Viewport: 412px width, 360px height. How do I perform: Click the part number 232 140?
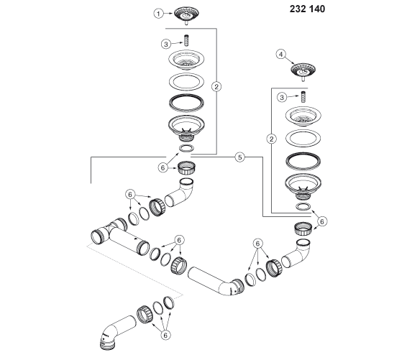coord(307,9)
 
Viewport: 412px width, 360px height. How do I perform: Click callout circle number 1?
coord(158,14)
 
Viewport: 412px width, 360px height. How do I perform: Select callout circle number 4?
coord(281,55)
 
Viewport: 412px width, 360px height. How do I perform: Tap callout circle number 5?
coord(240,157)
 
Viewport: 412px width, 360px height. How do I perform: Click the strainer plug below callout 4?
coord(303,70)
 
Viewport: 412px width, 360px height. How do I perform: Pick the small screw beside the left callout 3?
coord(186,40)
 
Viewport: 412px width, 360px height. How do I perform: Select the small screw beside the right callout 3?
coord(303,98)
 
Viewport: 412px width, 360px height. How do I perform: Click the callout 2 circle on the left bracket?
coord(216,86)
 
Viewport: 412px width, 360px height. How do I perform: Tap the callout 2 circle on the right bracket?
coord(271,139)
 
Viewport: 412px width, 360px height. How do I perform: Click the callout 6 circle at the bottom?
coord(165,335)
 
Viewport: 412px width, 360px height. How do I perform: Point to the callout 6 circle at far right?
coord(322,221)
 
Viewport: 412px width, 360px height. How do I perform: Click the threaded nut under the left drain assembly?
coord(186,168)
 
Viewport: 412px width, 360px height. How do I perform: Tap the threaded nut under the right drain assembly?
coord(303,229)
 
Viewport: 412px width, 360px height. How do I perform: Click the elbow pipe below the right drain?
coord(297,254)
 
